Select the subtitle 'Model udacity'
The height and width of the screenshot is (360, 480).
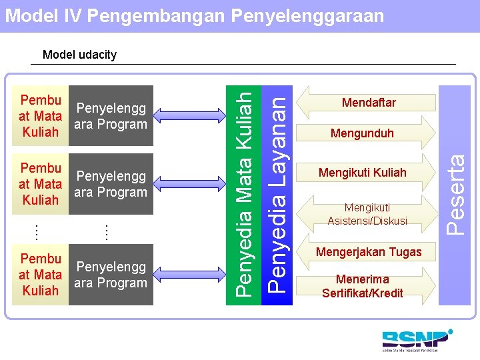click(79, 55)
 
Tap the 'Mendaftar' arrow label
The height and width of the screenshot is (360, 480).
click(369, 102)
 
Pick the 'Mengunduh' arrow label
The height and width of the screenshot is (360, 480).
click(362, 133)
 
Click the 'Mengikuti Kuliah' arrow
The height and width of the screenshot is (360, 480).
click(362, 173)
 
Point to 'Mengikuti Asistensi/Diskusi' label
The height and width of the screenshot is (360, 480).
click(367, 214)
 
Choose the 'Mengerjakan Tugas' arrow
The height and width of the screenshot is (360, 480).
click(369, 252)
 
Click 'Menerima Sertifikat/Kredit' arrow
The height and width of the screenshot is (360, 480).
click(362, 286)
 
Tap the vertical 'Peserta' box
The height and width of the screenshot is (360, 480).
click(455, 193)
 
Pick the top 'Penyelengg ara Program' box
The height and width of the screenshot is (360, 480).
click(111, 116)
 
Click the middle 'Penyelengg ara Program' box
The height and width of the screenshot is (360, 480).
click(111, 184)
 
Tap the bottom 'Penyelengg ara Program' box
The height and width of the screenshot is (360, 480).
click(111, 275)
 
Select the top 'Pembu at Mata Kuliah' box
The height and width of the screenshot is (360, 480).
click(41, 116)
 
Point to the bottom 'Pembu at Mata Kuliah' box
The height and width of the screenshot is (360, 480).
click(41, 275)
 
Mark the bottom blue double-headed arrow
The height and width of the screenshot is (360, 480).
click(194, 273)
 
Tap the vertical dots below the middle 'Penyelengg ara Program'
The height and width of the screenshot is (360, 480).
click(106, 232)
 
